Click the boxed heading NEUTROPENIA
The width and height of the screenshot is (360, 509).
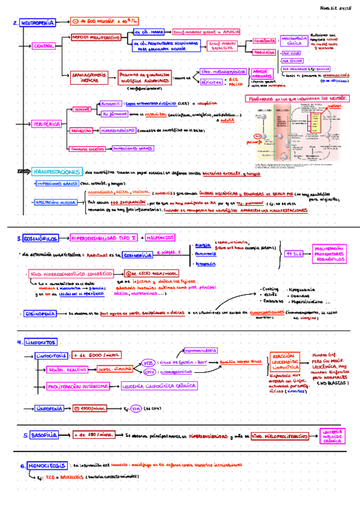coord(38,23)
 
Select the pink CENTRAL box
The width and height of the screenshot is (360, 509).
coord(43,46)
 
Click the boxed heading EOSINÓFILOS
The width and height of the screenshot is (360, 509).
coord(40,239)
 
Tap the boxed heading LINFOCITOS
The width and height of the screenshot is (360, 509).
coord(40,342)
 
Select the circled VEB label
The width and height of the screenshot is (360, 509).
coord(148,363)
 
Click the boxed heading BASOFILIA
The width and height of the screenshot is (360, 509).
coord(46,435)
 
